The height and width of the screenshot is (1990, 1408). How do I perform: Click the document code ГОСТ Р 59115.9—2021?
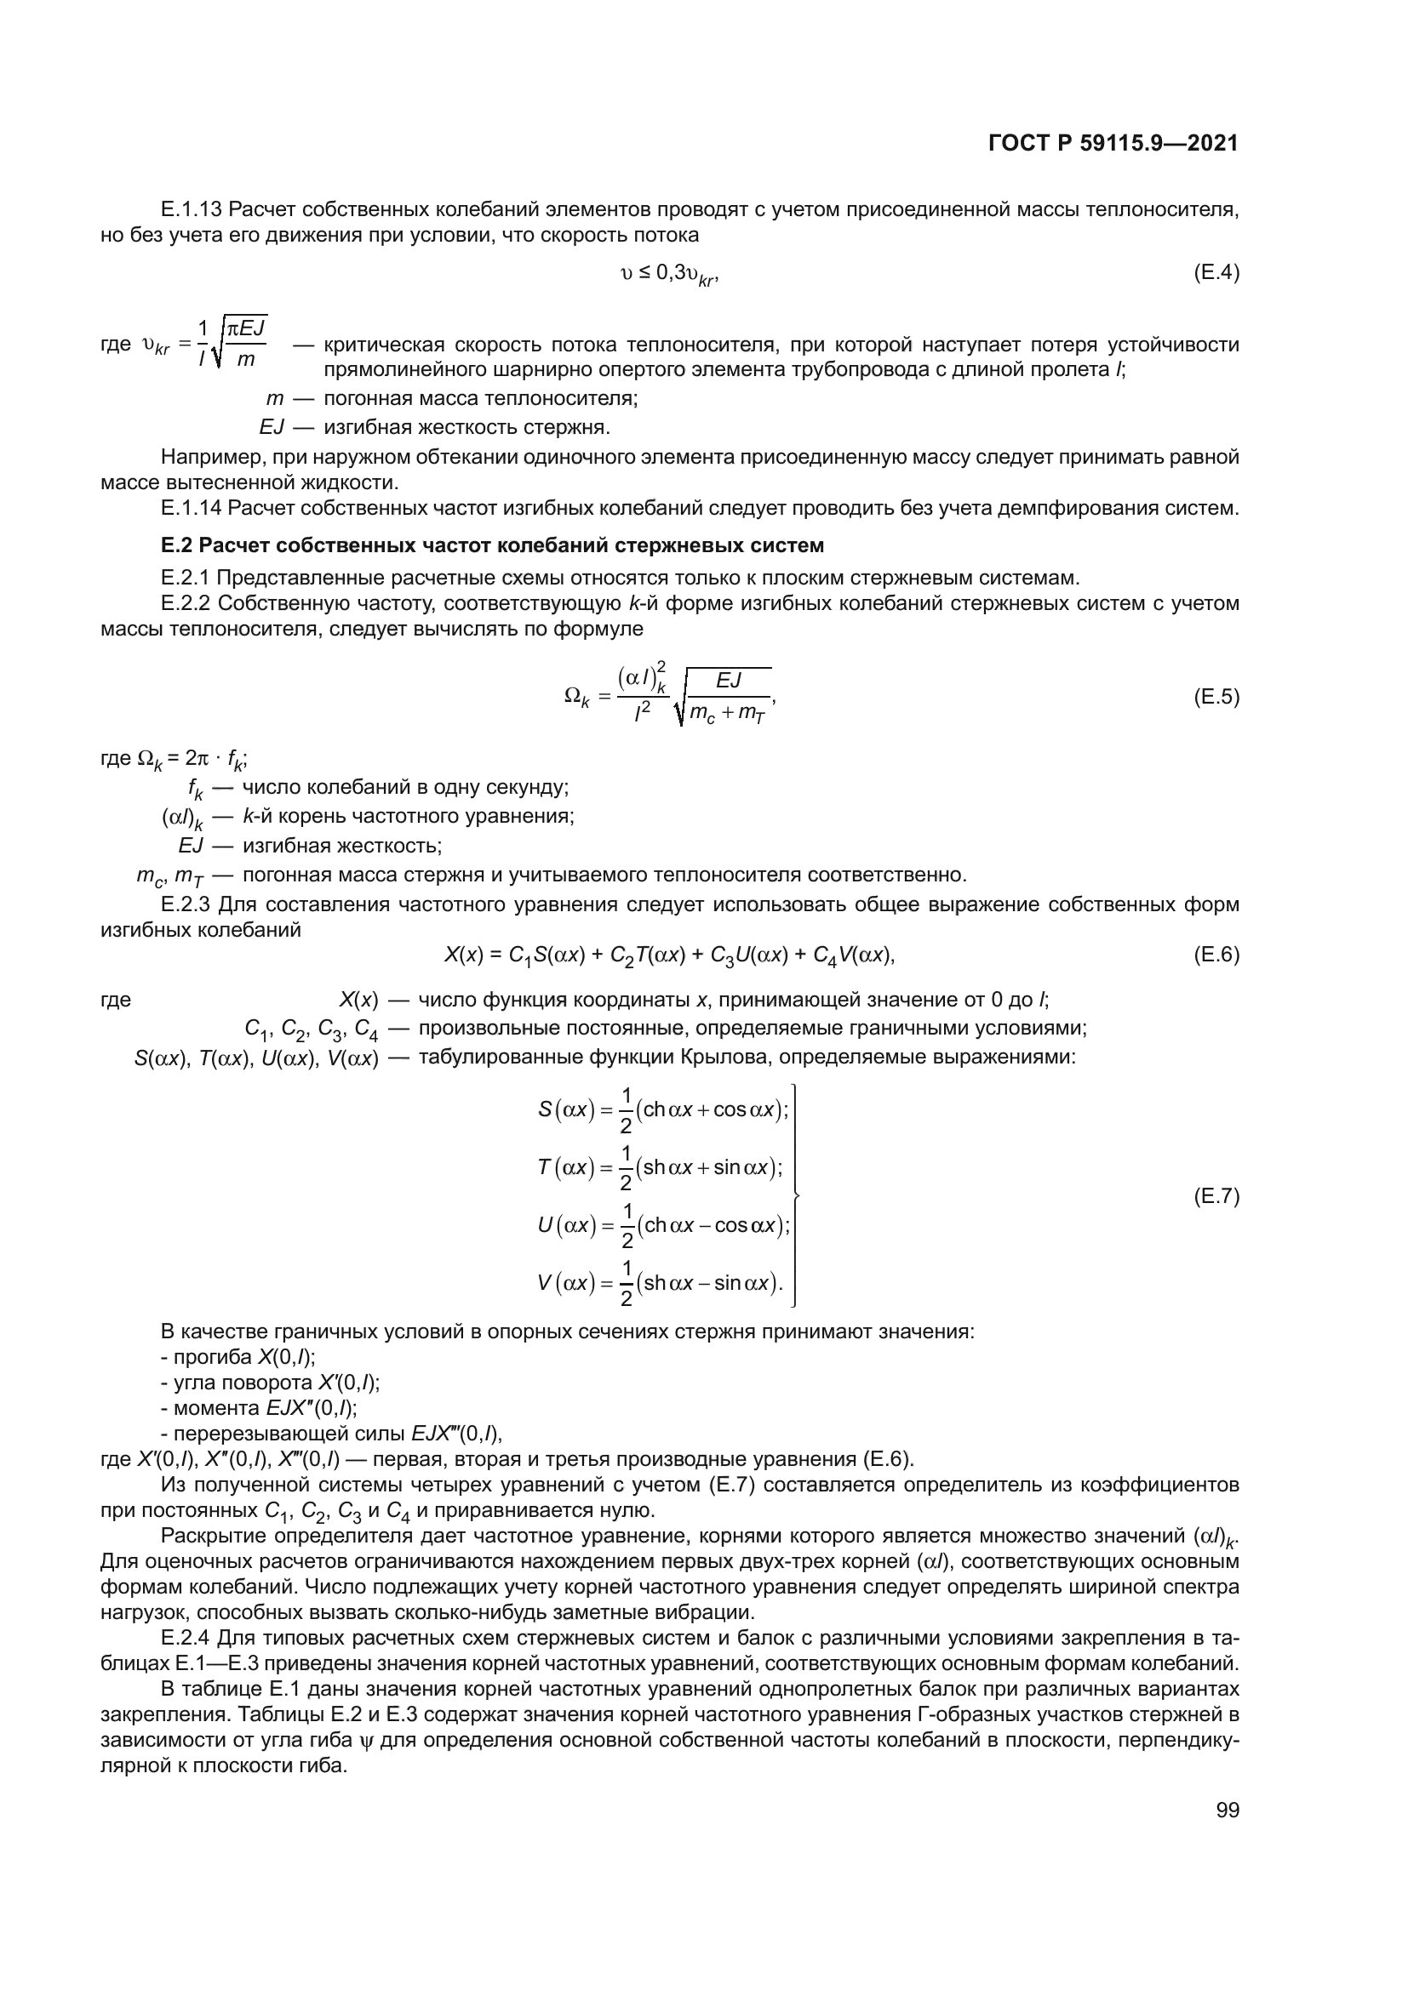(1113, 144)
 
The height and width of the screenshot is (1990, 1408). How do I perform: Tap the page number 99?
(1228, 1810)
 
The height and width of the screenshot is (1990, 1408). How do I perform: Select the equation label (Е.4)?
(1216, 273)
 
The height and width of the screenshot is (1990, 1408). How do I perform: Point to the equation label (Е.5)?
(1216, 697)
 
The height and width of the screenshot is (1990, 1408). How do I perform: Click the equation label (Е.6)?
(1216, 955)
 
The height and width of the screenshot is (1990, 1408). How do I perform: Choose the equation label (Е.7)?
(1216, 1197)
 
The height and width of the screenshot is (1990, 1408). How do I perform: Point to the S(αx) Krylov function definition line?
(663, 1110)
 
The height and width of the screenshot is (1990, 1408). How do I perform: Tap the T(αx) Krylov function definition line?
(661, 1168)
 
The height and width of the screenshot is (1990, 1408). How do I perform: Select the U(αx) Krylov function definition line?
(663, 1225)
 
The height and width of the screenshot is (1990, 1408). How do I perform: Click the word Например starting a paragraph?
(202, 457)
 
